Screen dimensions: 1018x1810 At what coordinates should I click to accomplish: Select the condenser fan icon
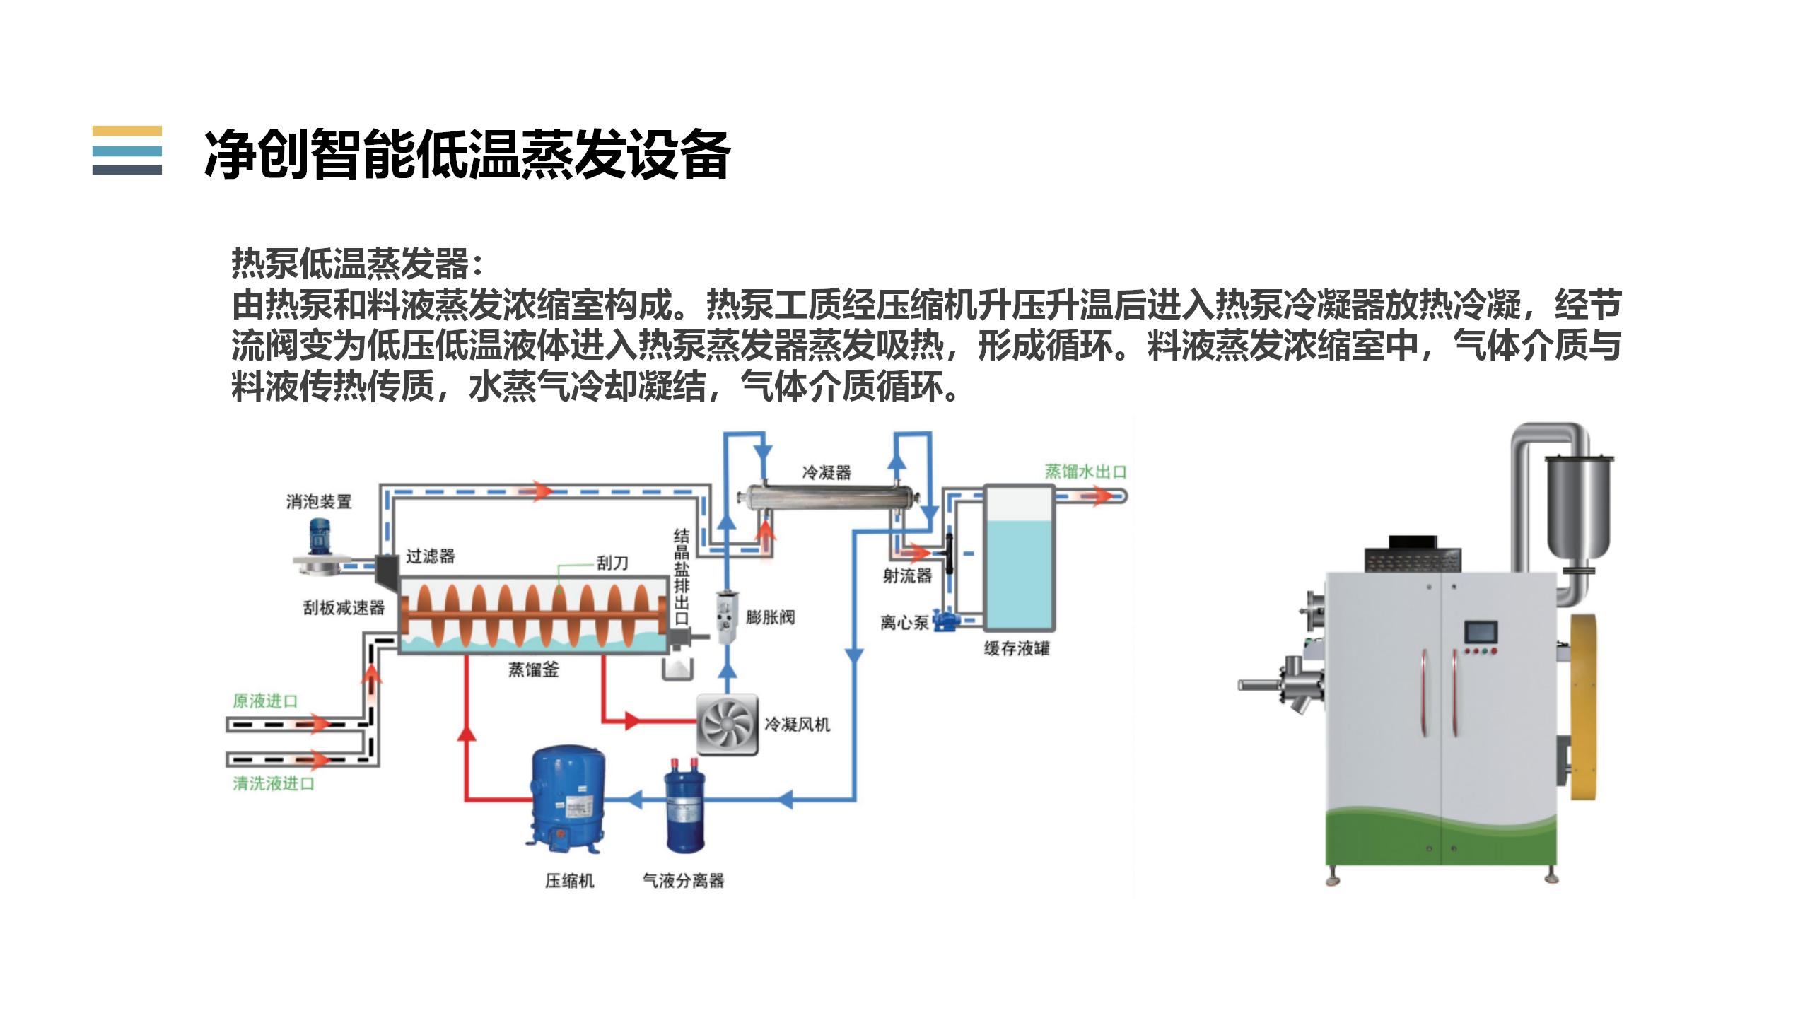(727, 725)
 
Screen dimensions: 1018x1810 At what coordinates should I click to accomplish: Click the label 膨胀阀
(770, 617)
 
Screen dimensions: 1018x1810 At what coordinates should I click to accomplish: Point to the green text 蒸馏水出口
(1085, 472)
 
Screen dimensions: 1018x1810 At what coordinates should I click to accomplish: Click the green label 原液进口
(265, 701)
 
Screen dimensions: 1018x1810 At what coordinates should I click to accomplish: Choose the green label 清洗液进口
(274, 783)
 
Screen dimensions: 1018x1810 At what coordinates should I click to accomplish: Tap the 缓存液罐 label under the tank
(1017, 648)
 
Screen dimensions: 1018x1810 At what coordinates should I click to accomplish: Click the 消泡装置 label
(319, 502)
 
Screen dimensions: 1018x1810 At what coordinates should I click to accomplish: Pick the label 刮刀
(612, 563)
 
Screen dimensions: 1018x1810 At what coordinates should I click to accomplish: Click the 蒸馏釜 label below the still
(533, 669)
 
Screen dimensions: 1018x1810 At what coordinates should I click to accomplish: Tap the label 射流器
(907, 576)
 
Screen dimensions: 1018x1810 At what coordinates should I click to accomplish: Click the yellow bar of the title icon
(127, 131)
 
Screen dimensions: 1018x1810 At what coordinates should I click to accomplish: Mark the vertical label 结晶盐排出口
(681, 576)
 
